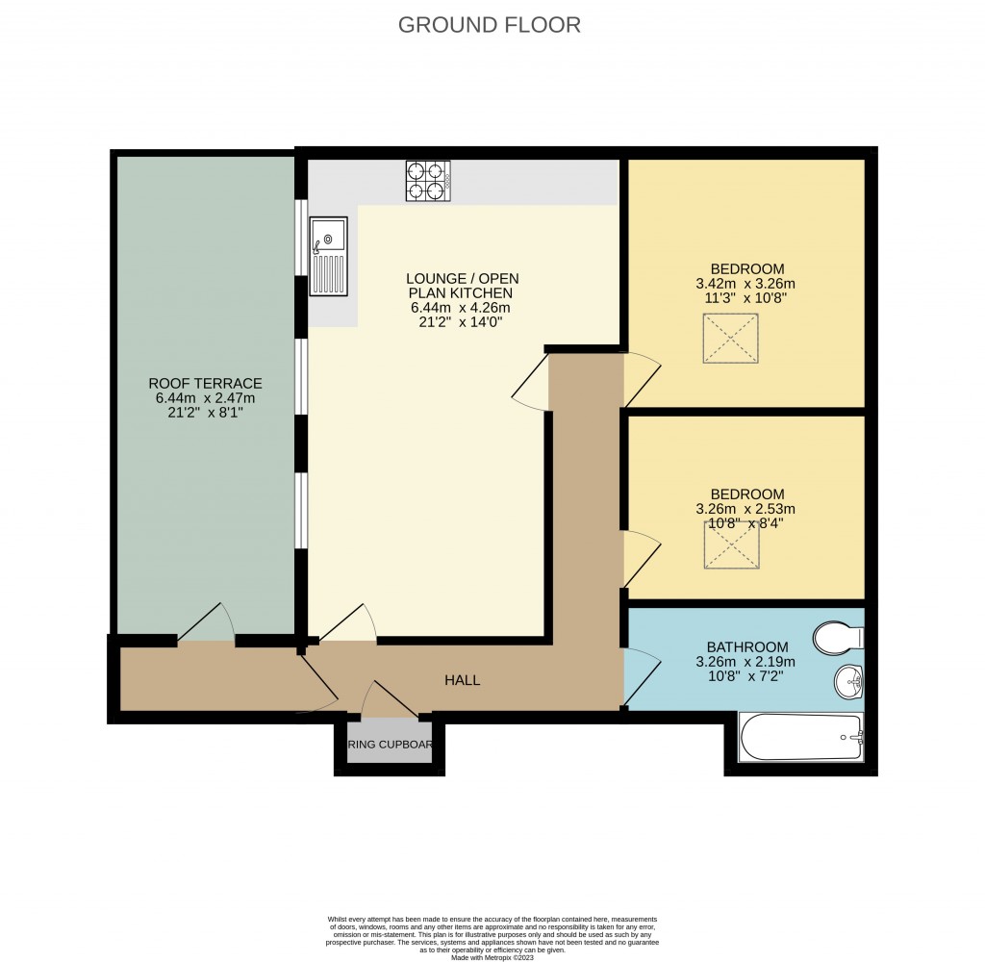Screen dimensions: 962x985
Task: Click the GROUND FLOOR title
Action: (x=490, y=25)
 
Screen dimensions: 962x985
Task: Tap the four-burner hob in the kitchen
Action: (x=428, y=181)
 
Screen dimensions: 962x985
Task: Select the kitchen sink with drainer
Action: (x=327, y=256)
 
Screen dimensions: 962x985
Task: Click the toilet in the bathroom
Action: (x=838, y=637)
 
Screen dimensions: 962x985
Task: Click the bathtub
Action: (x=800, y=738)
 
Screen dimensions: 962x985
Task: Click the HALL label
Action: (x=462, y=680)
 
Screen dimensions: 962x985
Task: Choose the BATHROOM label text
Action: (x=747, y=647)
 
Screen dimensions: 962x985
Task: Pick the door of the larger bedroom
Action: (x=641, y=379)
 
